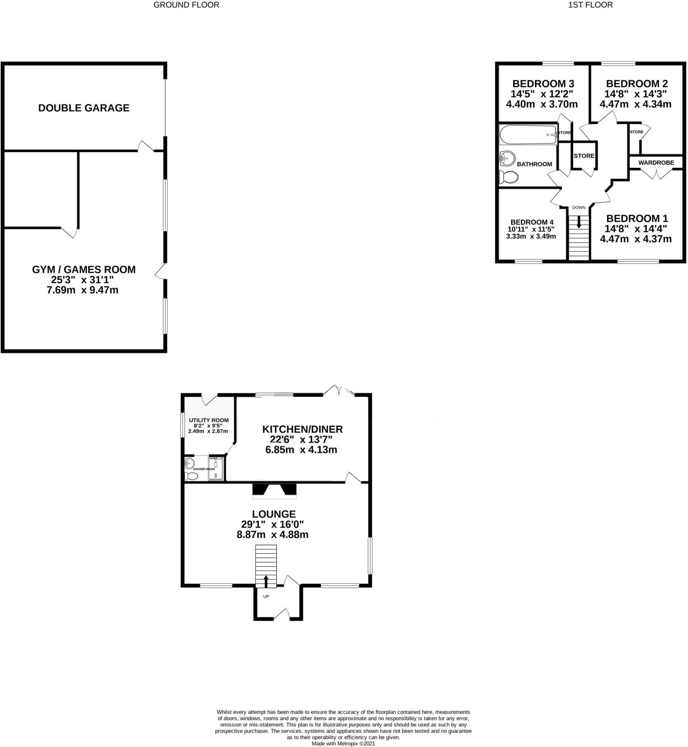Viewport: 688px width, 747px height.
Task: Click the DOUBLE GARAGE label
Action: coord(84,108)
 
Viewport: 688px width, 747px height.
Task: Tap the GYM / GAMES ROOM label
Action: coord(84,269)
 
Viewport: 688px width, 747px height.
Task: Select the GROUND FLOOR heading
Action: coord(186,5)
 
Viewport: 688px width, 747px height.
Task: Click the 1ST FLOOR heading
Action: coord(590,5)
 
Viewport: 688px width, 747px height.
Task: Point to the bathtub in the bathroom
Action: coord(528,134)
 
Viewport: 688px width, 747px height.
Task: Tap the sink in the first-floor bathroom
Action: coord(507,158)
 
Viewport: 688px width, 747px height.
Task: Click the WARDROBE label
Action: coord(656,162)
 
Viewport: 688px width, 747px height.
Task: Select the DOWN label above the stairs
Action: coord(579,207)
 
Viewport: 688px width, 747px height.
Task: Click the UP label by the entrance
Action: coord(266,596)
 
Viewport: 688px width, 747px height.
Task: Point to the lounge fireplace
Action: coord(274,491)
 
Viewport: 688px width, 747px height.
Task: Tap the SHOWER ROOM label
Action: coord(204,469)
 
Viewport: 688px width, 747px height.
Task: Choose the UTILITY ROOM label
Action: coord(209,420)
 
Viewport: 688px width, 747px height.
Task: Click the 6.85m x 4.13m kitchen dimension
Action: coord(301,450)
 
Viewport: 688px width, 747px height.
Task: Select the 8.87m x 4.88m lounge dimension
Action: coord(273,535)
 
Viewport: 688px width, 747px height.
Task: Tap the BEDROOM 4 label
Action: coord(532,222)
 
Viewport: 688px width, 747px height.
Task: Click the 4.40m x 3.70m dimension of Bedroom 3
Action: coord(542,104)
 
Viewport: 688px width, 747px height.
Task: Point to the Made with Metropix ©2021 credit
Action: coord(343,743)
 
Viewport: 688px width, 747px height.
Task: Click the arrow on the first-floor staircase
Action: coord(579,222)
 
